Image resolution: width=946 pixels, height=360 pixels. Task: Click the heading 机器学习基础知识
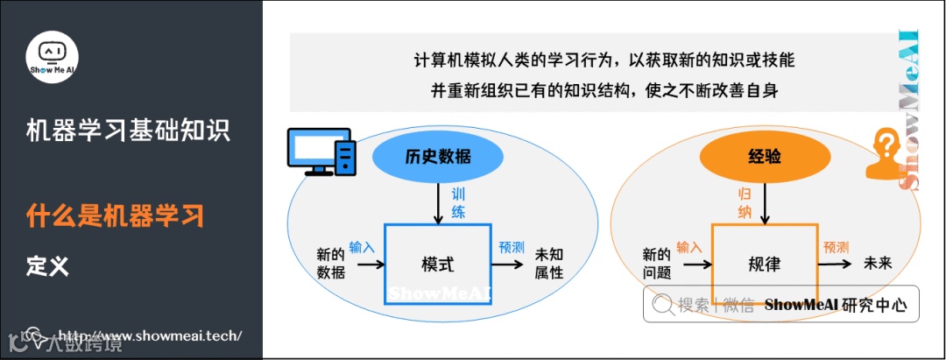[x=128, y=131]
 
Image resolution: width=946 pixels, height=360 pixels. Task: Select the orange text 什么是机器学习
[x=115, y=215]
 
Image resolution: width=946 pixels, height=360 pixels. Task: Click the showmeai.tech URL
[x=149, y=335]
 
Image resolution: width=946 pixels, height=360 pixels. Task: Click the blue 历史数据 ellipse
[x=438, y=157]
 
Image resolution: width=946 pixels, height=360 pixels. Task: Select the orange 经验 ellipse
[x=765, y=157]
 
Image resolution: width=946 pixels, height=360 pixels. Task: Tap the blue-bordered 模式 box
[x=437, y=264]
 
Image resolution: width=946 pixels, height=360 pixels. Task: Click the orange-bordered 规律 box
[x=764, y=263]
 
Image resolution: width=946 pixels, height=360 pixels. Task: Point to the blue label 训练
[x=458, y=202]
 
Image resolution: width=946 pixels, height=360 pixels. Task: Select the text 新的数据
[x=331, y=264]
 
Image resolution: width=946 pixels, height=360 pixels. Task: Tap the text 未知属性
[x=549, y=264]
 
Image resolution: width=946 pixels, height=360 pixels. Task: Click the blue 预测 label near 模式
[x=512, y=247]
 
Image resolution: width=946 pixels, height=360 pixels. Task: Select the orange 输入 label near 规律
[x=689, y=247]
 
